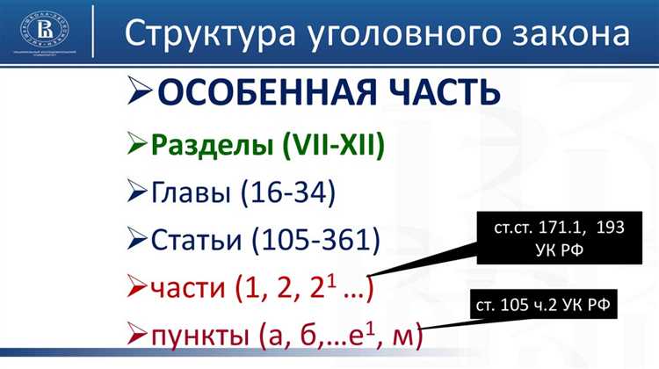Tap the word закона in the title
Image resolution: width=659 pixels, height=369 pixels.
point(568,33)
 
